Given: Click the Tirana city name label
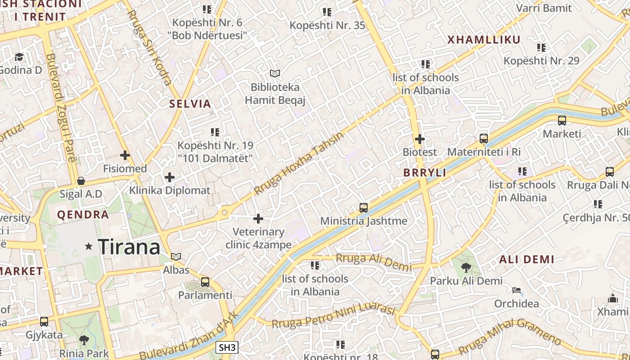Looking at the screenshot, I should click(x=129, y=247).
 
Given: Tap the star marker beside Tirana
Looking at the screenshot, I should click(x=89, y=246).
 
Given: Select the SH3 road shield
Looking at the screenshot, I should click(x=227, y=347).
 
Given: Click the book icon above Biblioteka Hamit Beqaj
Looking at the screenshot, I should click(x=274, y=73).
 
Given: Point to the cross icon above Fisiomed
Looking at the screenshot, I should click(x=125, y=156).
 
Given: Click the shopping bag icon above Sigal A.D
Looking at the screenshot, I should click(x=81, y=181).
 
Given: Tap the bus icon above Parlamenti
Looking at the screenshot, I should click(x=205, y=282).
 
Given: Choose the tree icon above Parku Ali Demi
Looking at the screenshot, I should click(x=466, y=268).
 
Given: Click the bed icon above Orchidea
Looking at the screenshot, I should click(x=517, y=290).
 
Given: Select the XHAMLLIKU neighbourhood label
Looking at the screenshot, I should click(x=484, y=40).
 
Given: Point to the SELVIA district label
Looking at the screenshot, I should click(x=190, y=104).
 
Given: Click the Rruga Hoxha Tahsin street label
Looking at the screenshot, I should click(x=299, y=163).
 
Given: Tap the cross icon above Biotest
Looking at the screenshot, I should click(x=419, y=139).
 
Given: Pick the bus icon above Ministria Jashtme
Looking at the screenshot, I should click(x=364, y=208).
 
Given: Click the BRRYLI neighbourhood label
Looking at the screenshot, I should click(x=424, y=173).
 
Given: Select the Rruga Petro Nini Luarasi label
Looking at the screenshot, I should click(x=333, y=317).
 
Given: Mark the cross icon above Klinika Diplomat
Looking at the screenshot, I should click(x=170, y=177).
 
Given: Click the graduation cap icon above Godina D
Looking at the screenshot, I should click(x=19, y=57).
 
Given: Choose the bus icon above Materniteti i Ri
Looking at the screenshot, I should click(x=484, y=139).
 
